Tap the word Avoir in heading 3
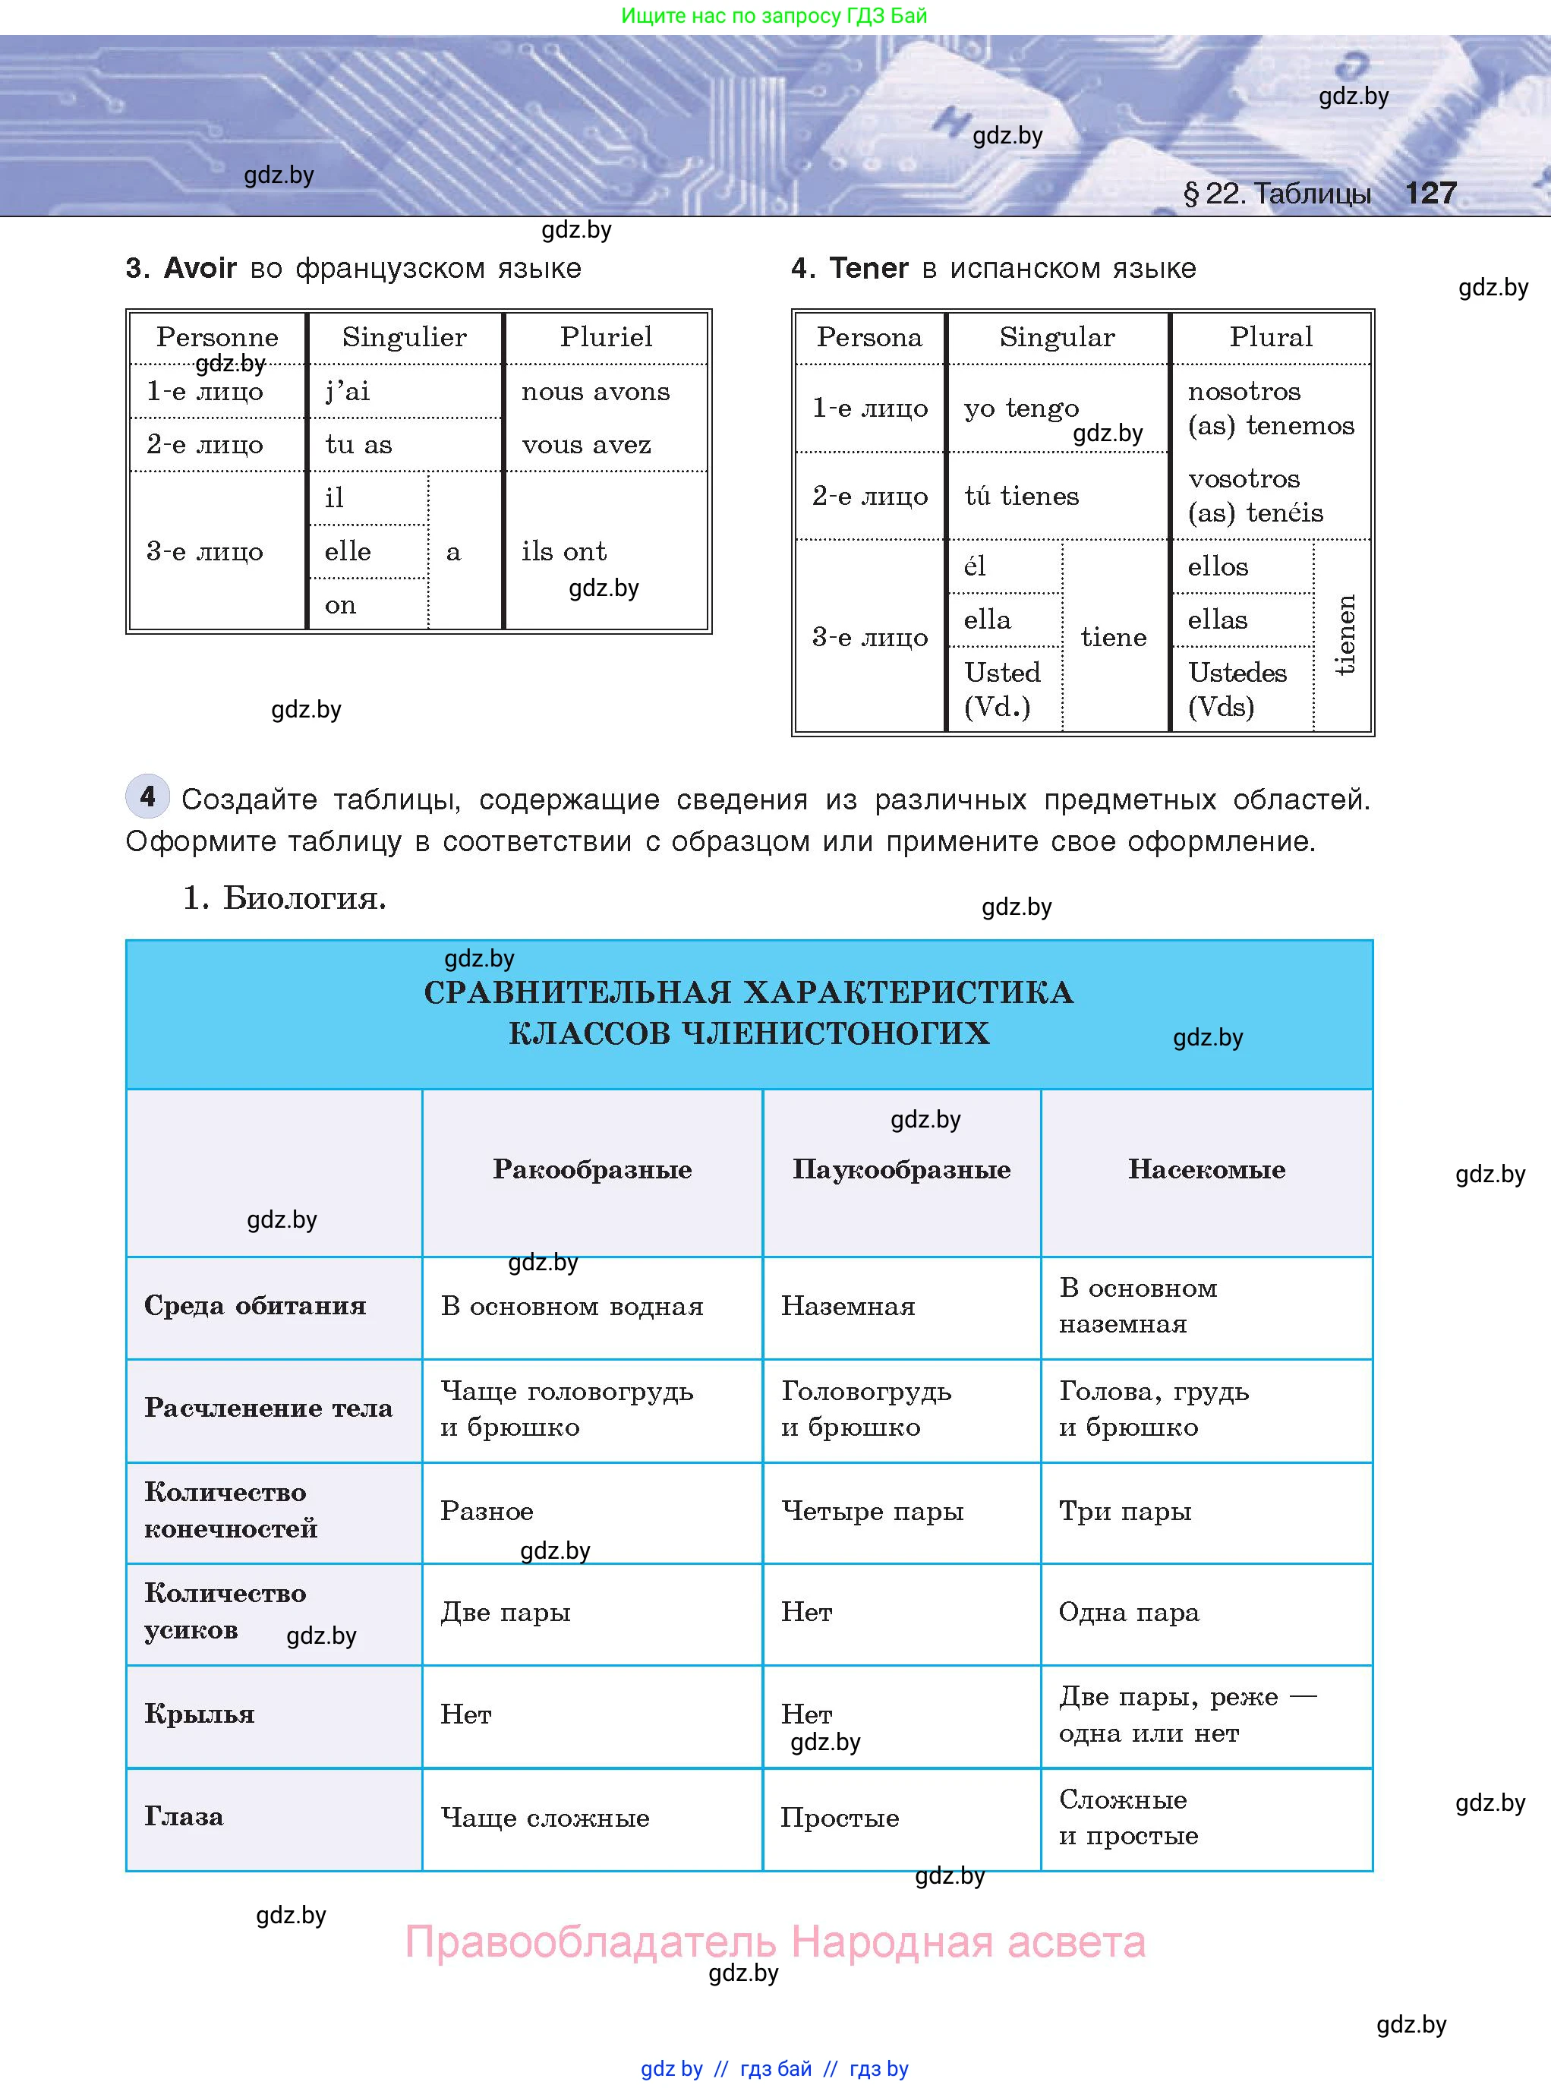pyautogui.click(x=200, y=269)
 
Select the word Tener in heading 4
pyautogui.click(x=868, y=269)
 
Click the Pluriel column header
pyautogui.click(x=606, y=337)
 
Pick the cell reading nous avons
pyautogui.click(x=595, y=392)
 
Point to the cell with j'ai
pyautogui.click(x=348, y=392)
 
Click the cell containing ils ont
pyautogui.click(x=563, y=551)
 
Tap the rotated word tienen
pyautogui.click(x=1345, y=635)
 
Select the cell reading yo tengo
pyautogui.click(x=1022, y=408)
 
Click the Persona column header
pyautogui.click(x=869, y=337)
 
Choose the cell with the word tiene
pyautogui.click(x=1114, y=638)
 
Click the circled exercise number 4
pyautogui.click(x=147, y=797)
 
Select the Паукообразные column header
pyautogui.click(x=901, y=1170)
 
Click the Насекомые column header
pyautogui.click(x=1206, y=1170)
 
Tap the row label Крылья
pyautogui.click(x=199, y=1714)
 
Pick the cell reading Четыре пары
pyautogui.click(x=872, y=1512)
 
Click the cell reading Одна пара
pyautogui.click(x=1128, y=1613)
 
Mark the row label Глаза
pyautogui.click(x=184, y=1817)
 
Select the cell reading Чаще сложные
pyautogui.click(x=544, y=1818)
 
